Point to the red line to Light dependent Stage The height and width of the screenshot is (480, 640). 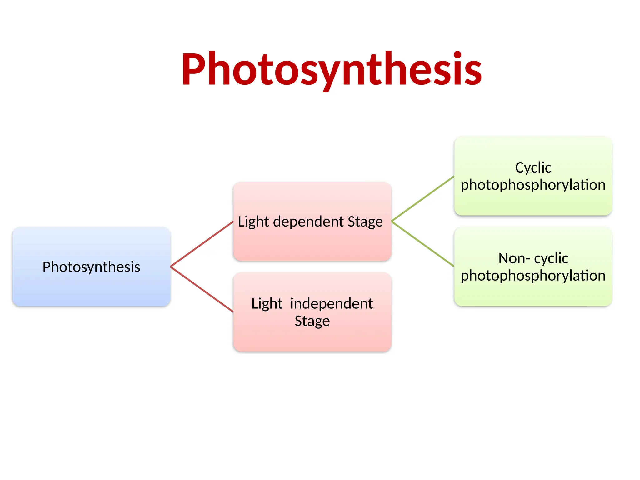(202, 244)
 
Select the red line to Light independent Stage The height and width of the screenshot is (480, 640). (202, 289)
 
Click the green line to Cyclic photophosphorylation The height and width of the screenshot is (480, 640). (422, 199)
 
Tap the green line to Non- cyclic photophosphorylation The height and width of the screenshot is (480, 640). (422, 244)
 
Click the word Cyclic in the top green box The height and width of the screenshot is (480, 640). (533, 168)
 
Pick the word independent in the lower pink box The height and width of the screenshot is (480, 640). (331, 304)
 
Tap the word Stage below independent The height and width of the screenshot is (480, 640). (312, 321)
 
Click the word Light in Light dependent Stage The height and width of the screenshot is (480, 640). (253, 222)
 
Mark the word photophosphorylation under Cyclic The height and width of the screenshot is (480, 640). (533, 185)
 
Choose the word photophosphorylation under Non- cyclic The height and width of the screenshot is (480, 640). (533, 276)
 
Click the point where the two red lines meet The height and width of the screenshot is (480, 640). (171, 267)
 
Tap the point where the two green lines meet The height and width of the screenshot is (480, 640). (392, 221)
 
